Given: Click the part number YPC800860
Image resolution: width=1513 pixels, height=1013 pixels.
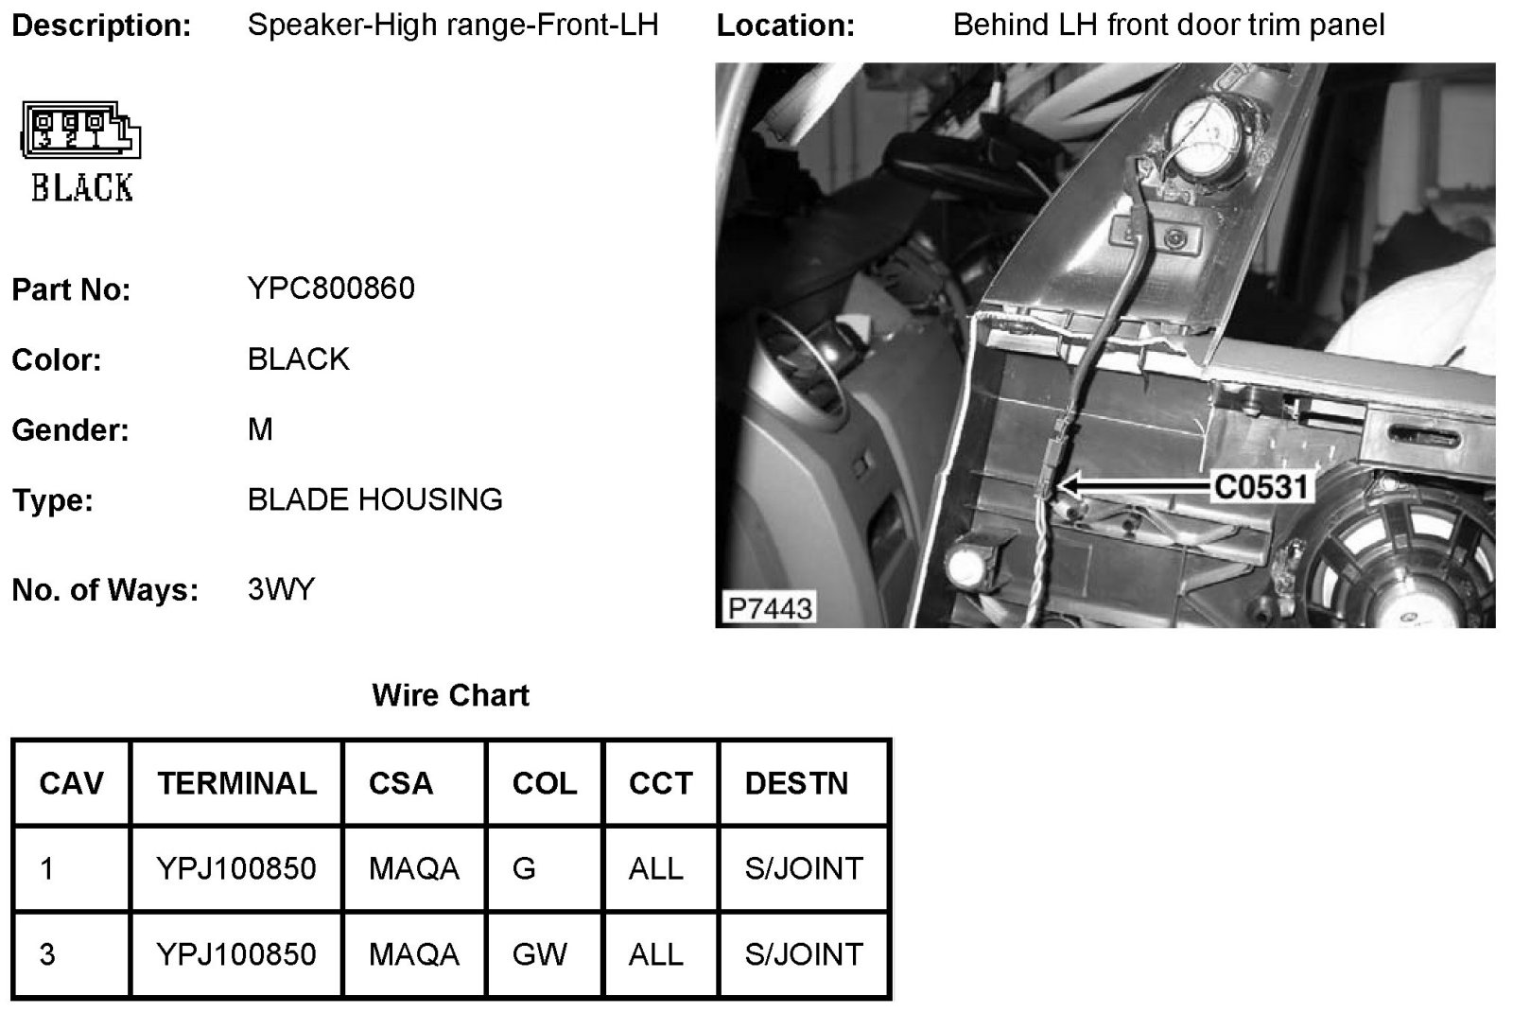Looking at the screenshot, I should click(331, 288).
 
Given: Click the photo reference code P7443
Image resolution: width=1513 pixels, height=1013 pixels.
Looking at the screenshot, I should click(770, 608).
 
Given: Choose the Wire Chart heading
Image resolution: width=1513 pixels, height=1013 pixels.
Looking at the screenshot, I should click(450, 695).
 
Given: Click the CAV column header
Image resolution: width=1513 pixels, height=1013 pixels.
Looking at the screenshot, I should click(71, 783).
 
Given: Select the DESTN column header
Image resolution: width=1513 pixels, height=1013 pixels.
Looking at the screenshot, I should click(796, 783).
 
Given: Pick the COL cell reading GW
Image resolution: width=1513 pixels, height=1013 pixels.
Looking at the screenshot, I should click(540, 953).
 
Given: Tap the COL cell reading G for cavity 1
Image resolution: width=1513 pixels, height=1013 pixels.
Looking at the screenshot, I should click(524, 868).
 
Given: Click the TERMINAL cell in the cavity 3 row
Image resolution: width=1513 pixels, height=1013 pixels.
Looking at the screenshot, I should click(236, 953).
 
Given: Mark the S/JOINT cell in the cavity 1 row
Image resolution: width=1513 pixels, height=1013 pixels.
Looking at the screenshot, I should click(804, 868).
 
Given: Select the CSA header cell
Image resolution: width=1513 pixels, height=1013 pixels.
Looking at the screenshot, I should click(401, 783).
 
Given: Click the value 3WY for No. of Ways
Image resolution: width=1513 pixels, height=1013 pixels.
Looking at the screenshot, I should click(281, 589).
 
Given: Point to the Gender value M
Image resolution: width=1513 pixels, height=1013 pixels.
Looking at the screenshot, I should click(260, 429).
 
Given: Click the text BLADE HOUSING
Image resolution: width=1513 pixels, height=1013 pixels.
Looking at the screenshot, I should click(374, 499).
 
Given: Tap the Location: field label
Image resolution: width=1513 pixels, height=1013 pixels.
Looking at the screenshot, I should click(785, 26).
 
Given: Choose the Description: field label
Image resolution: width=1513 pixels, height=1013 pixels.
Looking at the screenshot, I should click(101, 26).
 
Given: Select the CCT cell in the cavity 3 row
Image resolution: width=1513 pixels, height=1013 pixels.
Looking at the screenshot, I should click(655, 953).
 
